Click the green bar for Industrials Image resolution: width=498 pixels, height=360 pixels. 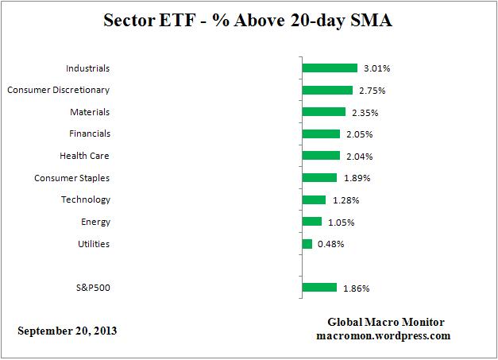[330, 68]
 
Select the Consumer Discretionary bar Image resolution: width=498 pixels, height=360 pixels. [327, 90]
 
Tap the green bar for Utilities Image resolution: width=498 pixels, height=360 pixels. [307, 244]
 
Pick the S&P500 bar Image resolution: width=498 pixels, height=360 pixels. [319, 288]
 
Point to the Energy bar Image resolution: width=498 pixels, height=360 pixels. [312, 222]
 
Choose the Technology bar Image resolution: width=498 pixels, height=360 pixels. [314, 199]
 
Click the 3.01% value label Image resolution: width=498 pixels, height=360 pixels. [376, 68]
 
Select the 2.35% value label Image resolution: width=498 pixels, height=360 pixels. [365, 112]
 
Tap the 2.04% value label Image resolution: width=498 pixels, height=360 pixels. [359, 157]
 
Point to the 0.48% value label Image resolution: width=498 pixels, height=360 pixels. [330, 244]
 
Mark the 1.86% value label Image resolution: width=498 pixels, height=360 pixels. [356, 288]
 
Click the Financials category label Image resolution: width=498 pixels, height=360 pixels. [89, 134]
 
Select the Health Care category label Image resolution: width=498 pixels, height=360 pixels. [84, 156]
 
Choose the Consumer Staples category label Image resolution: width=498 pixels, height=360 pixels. [72, 178]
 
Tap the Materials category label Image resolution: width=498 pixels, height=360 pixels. [90, 112]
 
